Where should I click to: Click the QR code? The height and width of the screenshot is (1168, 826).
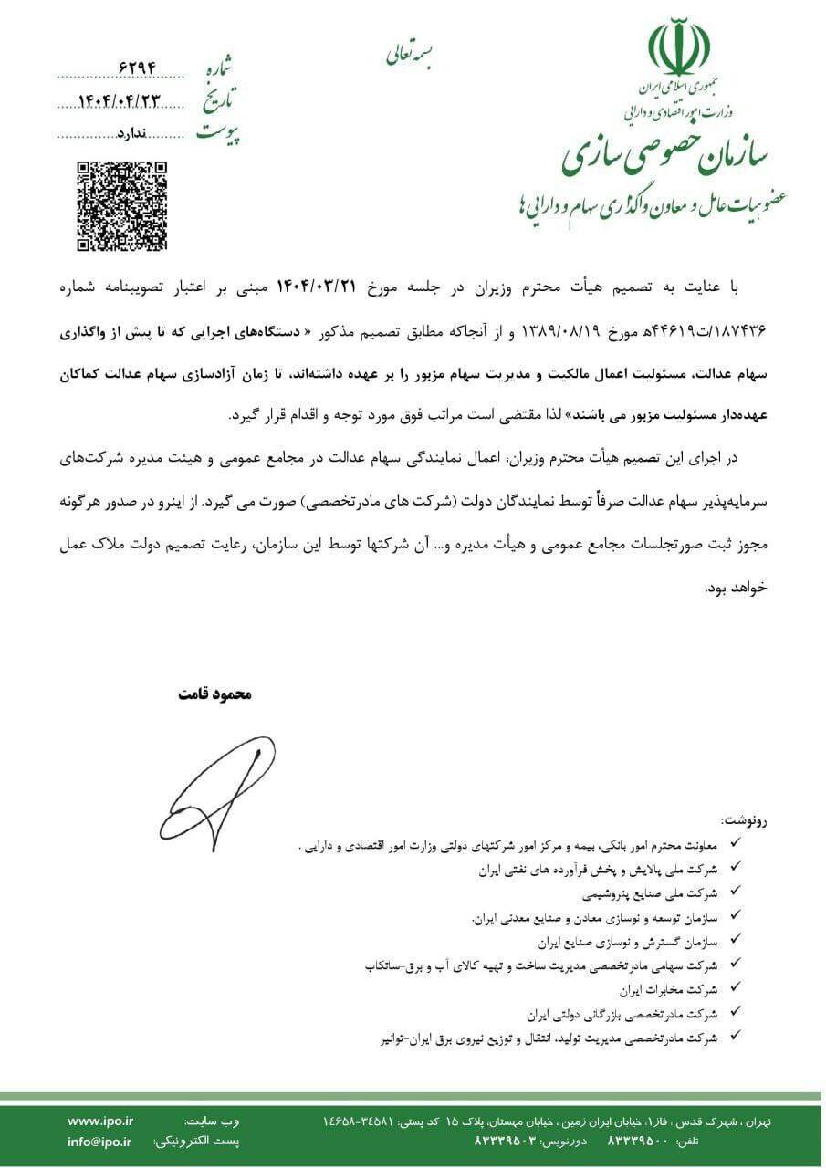pos(121,205)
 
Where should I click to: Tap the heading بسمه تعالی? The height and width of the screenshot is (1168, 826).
pos(412,54)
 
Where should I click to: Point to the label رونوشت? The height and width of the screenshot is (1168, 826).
pos(744,820)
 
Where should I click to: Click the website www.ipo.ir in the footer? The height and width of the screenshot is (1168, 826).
pos(100,1121)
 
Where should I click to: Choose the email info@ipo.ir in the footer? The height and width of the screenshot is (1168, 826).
pos(99,1142)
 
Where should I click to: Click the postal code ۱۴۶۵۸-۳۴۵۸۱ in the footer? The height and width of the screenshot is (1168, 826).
pos(361,1121)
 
